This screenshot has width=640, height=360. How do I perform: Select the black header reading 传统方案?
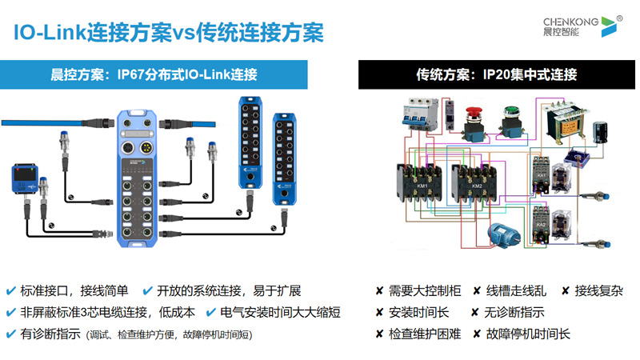pos(496,75)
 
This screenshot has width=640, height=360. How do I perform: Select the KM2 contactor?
pos(475,184)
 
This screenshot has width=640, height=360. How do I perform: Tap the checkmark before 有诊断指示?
pos(11,334)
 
